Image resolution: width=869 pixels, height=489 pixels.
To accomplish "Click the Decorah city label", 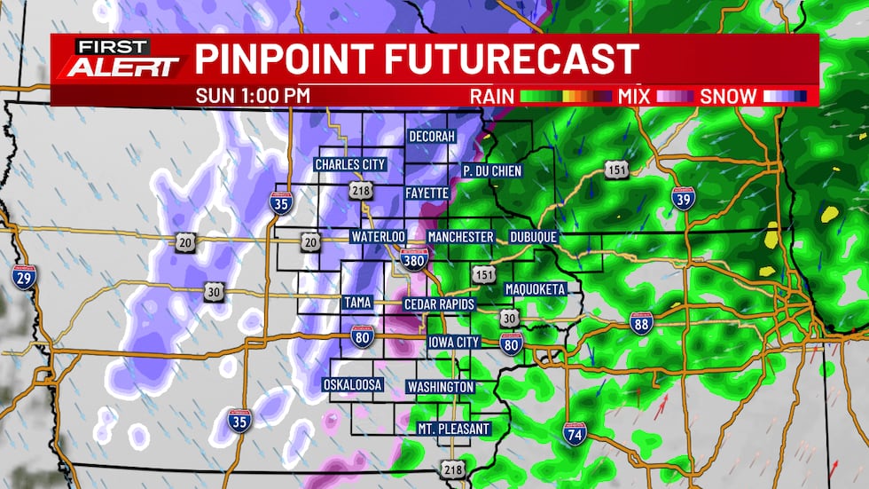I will (432, 137).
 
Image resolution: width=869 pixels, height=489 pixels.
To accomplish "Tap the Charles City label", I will (349, 164).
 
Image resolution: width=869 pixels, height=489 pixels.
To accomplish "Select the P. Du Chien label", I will (492, 170).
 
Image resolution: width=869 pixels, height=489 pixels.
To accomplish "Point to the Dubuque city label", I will (533, 238).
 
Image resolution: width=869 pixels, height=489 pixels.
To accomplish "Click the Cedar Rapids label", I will (439, 304).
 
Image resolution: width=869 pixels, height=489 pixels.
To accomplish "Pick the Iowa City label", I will (453, 343).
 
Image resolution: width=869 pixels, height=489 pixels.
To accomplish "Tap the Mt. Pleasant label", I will (453, 429).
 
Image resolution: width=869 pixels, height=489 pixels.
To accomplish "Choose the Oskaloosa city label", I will (352, 385).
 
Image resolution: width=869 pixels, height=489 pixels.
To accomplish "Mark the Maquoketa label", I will (541, 289).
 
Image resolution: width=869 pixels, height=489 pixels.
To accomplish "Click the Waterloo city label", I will (377, 238).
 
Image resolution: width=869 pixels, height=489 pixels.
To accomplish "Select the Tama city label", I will (356, 304).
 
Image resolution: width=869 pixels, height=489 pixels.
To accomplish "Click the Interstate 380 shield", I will (414, 257).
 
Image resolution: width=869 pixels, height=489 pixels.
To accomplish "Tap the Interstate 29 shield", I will (23, 276).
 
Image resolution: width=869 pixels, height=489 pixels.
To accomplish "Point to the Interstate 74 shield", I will (574, 434).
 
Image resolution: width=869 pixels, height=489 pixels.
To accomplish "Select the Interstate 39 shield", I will (683, 199).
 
